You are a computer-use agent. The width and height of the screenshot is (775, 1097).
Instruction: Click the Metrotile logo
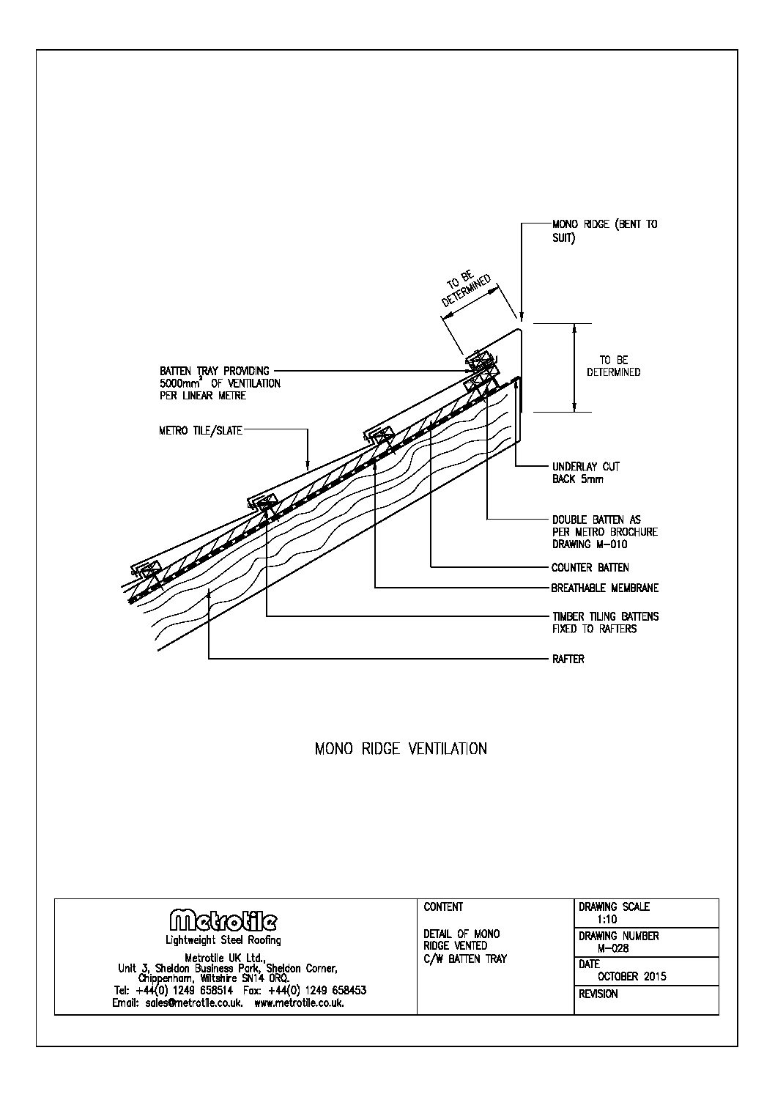click(223, 921)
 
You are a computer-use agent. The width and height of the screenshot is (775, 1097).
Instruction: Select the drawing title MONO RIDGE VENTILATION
click(401, 749)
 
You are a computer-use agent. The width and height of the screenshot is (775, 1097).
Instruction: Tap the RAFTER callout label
click(568, 660)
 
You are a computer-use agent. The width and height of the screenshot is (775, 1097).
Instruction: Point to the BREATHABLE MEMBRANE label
click(604, 588)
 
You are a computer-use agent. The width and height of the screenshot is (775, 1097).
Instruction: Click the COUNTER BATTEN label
click(590, 567)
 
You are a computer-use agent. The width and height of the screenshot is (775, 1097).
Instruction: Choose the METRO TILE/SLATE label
click(200, 431)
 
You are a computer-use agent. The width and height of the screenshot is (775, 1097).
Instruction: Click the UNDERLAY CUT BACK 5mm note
click(585, 473)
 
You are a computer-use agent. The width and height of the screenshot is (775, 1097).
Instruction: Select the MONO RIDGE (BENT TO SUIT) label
click(604, 231)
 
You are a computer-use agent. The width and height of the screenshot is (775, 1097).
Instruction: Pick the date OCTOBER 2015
click(632, 976)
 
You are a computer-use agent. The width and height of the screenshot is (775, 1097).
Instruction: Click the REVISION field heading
click(598, 994)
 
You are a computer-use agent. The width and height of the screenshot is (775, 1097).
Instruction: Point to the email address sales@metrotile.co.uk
click(177, 1003)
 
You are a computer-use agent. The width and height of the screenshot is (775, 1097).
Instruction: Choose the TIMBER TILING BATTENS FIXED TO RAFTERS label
click(604, 623)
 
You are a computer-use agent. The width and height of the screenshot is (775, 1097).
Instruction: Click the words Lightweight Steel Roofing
click(223, 940)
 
